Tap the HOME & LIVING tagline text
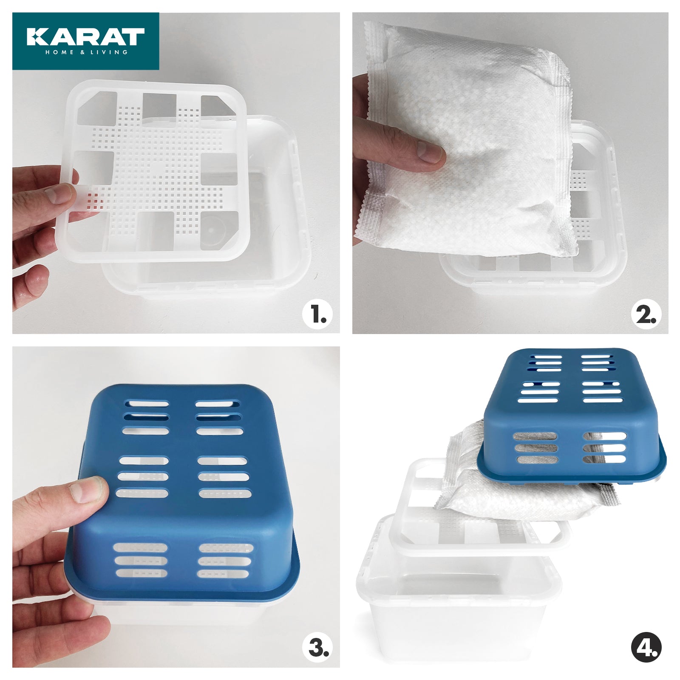click(x=86, y=52)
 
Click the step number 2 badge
click(x=646, y=315)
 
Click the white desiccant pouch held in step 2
click(x=476, y=140)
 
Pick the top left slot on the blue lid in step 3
click(x=146, y=402)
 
